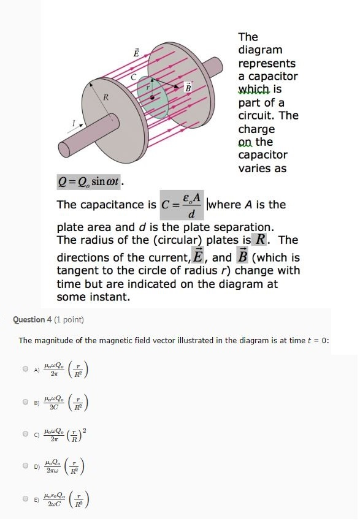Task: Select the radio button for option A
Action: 25,369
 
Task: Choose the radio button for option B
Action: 25,402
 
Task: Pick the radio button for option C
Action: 25,433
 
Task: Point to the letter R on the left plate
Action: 105,97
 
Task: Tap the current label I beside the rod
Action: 73,124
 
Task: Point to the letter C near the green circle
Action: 132,77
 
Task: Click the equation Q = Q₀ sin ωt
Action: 90,182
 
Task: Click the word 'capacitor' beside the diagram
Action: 268,77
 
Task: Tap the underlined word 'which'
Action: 253,89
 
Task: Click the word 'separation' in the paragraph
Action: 238,226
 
